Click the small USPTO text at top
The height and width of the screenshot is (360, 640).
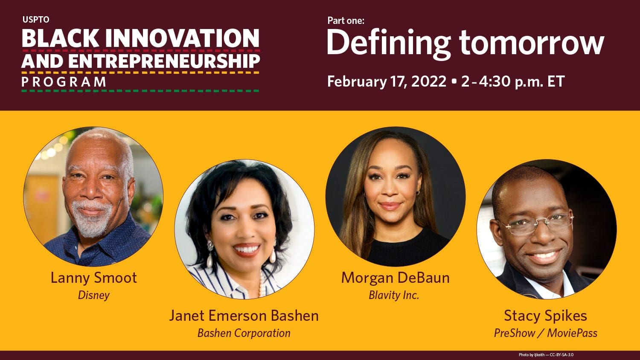click(36, 20)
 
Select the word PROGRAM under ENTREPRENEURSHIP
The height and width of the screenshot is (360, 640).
click(64, 82)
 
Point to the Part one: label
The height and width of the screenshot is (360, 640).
click(346, 20)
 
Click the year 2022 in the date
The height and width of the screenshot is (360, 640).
click(428, 81)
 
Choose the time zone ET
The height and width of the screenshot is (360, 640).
click(556, 81)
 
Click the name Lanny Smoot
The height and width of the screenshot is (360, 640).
click(94, 278)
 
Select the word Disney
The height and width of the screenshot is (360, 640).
click(94, 295)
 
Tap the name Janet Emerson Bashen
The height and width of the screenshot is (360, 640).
click(244, 316)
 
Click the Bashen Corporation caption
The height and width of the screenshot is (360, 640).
click(244, 333)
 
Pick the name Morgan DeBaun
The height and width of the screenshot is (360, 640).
click(396, 278)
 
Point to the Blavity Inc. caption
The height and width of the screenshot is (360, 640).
click(394, 295)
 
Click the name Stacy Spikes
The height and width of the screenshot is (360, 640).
click(545, 316)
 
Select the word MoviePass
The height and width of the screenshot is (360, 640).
click(572, 333)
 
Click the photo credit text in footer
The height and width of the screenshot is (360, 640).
click(546, 355)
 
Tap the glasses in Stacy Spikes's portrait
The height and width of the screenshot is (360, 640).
click(537, 224)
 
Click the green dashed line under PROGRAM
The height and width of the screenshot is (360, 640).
click(140, 91)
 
